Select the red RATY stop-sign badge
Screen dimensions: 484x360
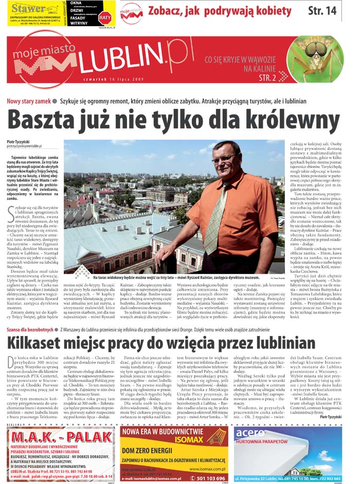pos(104,16)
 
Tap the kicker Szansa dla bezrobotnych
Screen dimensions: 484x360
pos(30,315)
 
